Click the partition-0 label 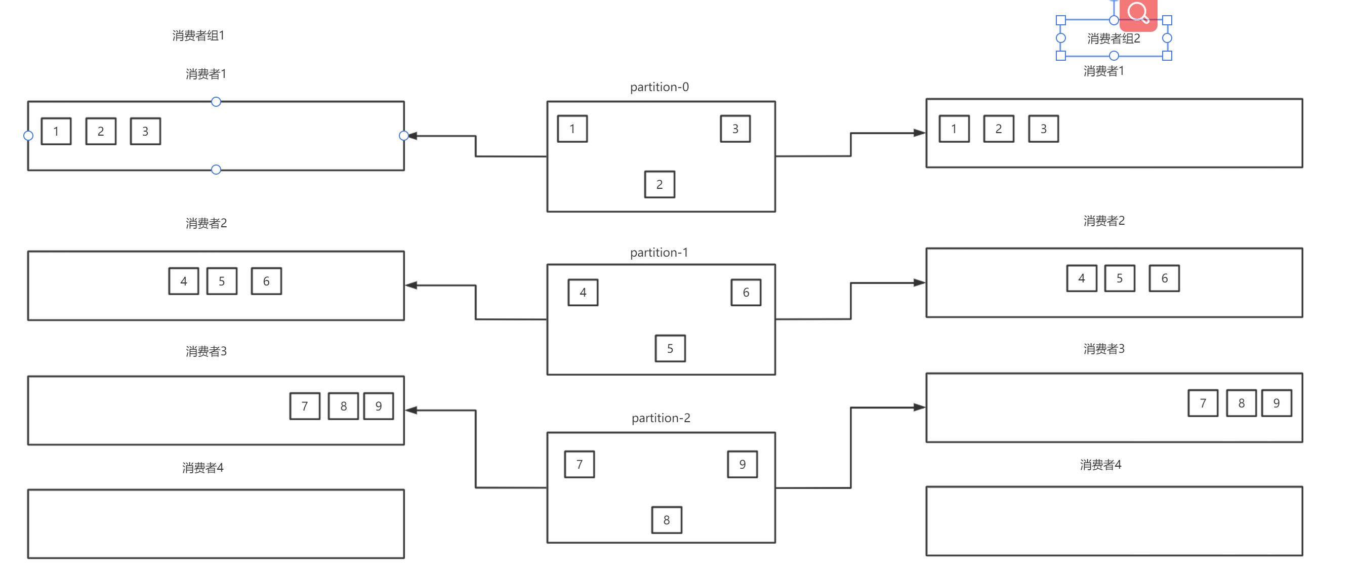[x=659, y=87]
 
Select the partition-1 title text [x=659, y=253]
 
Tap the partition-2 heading [x=661, y=418]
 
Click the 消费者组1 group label [x=198, y=35]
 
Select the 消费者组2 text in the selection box [x=1114, y=38]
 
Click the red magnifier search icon [x=1138, y=14]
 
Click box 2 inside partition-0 [x=660, y=184]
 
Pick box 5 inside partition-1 [x=670, y=348]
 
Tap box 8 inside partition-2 [x=667, y=520]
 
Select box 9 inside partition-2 [x=742, y=464]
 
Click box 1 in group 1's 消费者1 [x=56, y=131]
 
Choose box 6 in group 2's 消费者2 [x=1164, y=278]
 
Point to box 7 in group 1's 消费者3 [x=305, y=406]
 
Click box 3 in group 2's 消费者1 [x=1043, y=129]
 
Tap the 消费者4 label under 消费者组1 [x=203, y=468]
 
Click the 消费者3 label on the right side [x=1104, y=348]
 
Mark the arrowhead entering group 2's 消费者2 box [x=920, y=282]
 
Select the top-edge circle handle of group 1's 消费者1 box [x=216, y=102]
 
